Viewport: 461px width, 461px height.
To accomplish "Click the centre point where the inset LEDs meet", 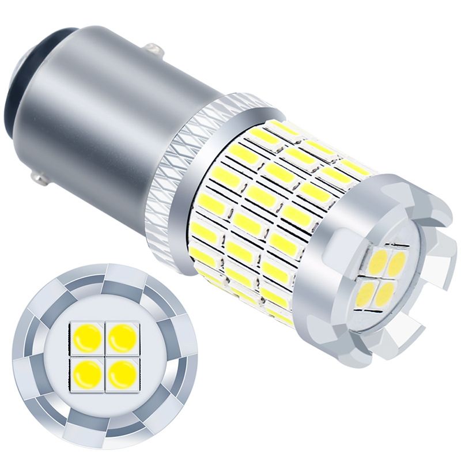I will coord(105,353).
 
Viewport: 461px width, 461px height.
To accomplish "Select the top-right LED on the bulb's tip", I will coord(398,263).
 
